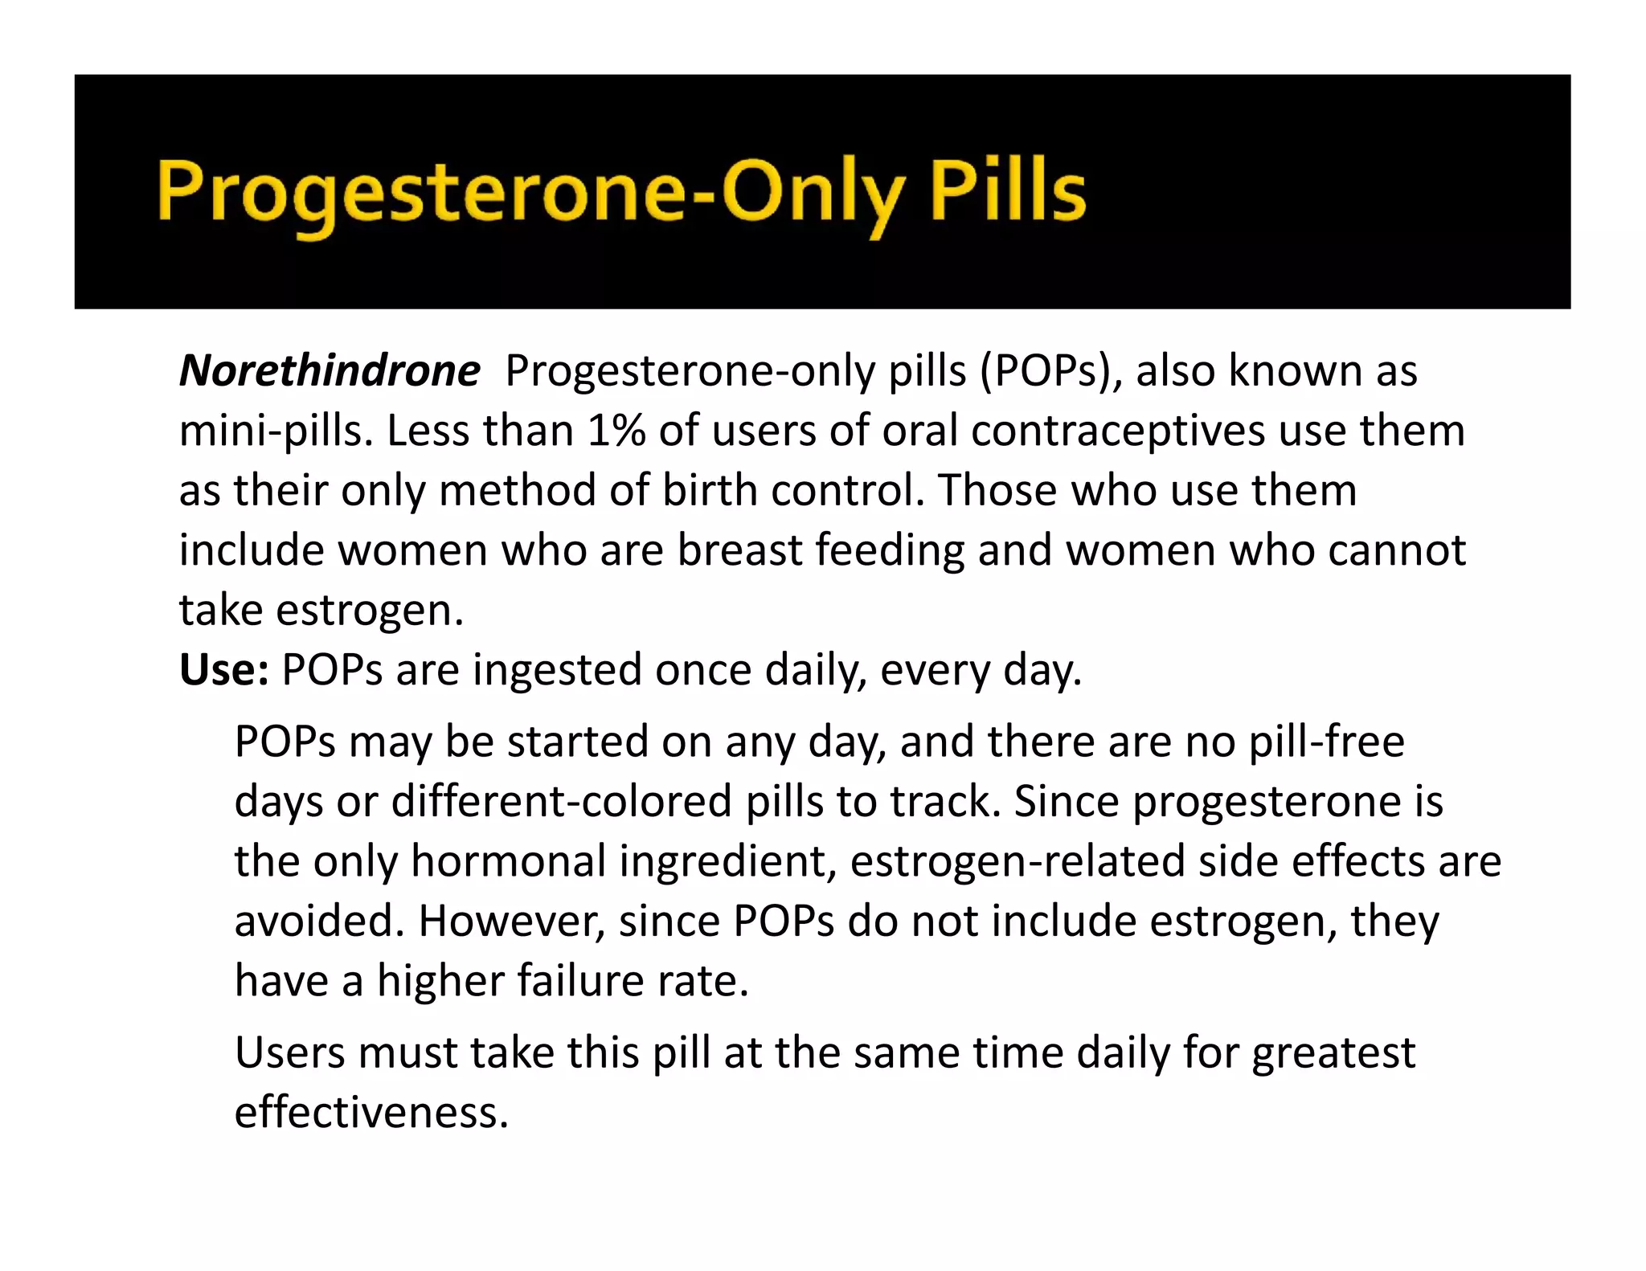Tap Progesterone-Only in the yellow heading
(x=530, y=193)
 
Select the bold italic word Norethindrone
(x=330, y=371)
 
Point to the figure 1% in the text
(x=616, y=431)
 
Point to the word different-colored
(x=562, y=801)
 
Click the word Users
(x=289, y=1052)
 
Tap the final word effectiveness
(x=371, y=1112)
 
